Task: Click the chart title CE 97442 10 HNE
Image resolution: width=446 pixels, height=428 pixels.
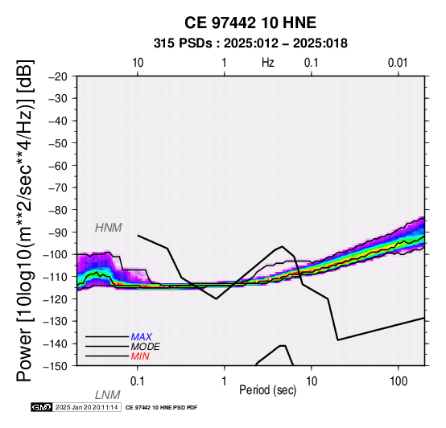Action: point(250,23)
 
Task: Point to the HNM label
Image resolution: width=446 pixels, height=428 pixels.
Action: point(109,228)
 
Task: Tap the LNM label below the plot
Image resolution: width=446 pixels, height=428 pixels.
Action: point(107,395)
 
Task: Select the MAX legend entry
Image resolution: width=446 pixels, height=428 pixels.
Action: point(141,337)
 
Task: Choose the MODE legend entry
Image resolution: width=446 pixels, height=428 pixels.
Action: point(146,347)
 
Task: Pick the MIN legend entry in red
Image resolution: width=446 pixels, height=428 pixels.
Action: point(140,356)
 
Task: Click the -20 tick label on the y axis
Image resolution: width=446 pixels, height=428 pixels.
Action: point(58,76)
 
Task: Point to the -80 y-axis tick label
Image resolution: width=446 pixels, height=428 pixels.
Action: point(58,210)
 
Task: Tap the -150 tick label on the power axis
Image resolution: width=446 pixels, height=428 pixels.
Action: point(56,366)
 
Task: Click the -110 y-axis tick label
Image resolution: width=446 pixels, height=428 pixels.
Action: point(56,277)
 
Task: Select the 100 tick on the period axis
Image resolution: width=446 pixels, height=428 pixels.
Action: point(399,381)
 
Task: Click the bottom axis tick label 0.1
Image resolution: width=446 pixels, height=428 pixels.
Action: point(138,381)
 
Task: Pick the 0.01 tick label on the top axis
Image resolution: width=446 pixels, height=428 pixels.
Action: point(398,63)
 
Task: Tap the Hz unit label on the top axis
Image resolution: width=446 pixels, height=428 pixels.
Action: point(268,63)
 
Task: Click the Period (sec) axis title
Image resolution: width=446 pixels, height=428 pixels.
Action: point(267,390)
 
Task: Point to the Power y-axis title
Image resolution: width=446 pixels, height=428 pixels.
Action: point(25,221)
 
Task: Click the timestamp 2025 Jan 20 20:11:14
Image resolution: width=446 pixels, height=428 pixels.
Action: point(86,407)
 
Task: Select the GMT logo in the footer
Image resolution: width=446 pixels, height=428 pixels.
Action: point(42,407)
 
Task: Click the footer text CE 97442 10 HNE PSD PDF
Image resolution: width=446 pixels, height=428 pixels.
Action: point(161,408)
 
